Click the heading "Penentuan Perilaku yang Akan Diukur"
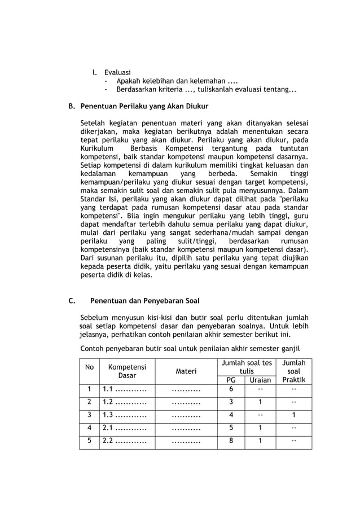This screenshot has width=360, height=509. pyautogui.click(x=144, y=106)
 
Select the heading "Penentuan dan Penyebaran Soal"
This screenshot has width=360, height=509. pyautogui.click(x=144, y=301)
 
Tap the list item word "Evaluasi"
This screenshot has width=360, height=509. pyautogui.click(x=117, y=73)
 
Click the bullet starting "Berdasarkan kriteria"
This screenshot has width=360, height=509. pyautogui.click(x=207, y=90)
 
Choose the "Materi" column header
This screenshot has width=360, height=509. pyautogui.click(x=186, y=371)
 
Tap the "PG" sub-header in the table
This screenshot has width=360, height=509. pyautogui.click(x=231, y=380)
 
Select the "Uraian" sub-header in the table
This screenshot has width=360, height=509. pyautogui.click(x=260, y=380)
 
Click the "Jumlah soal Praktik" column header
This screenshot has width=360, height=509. pyautogui.click(x=293, y=371)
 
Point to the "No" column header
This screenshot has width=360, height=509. pyautogui.click(x=89, y=367)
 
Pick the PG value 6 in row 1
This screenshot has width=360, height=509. pyautogui.click(x=231, y=390)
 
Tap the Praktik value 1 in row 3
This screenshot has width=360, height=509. pyautogui.click(x=293, y=416)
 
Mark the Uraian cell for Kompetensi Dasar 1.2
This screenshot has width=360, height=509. pyautogui.click(x=260, y=403)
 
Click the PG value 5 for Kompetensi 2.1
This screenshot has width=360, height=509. pyautogui.click(x=231, y=429)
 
